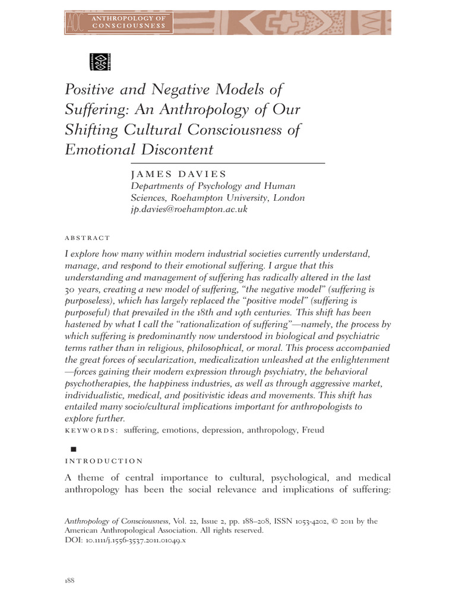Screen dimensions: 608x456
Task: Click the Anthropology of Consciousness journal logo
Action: point(119,22)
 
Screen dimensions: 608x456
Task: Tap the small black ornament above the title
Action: point(100,61)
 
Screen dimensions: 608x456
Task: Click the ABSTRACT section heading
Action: point(87,237)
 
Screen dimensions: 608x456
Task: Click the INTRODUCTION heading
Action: point(103,460)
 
